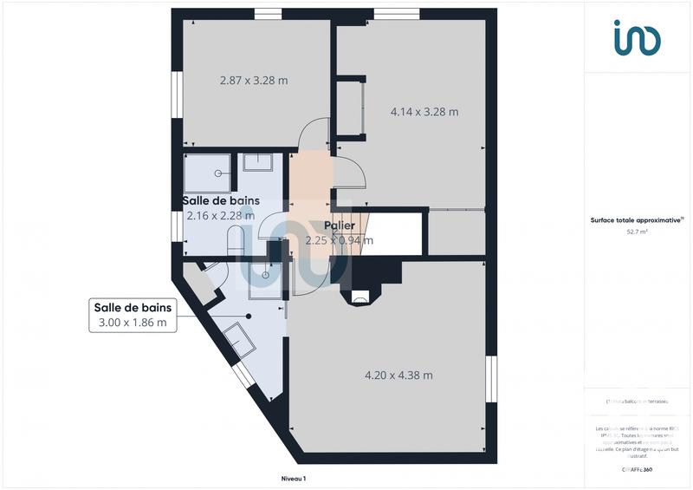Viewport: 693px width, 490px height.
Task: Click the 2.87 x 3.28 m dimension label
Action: coord(253,81)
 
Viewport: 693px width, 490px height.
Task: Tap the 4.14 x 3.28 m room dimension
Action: coord(424,111)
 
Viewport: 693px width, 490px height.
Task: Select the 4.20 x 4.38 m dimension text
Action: coord(398,376)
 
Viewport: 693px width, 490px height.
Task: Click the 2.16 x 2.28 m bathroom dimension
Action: coord(220,215)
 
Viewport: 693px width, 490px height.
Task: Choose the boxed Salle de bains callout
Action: coord(133,315)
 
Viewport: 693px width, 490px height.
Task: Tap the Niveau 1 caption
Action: coord(294,478)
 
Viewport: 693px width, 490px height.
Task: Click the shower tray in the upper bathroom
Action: coord(208,173)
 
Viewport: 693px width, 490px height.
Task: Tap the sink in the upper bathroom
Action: coord(257,162)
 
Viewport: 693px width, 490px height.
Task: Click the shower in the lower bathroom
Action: coord(263,275)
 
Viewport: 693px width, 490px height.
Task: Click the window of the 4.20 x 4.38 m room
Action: coord(491,378)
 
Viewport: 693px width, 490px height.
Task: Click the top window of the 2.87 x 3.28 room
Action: coord(269,12)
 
